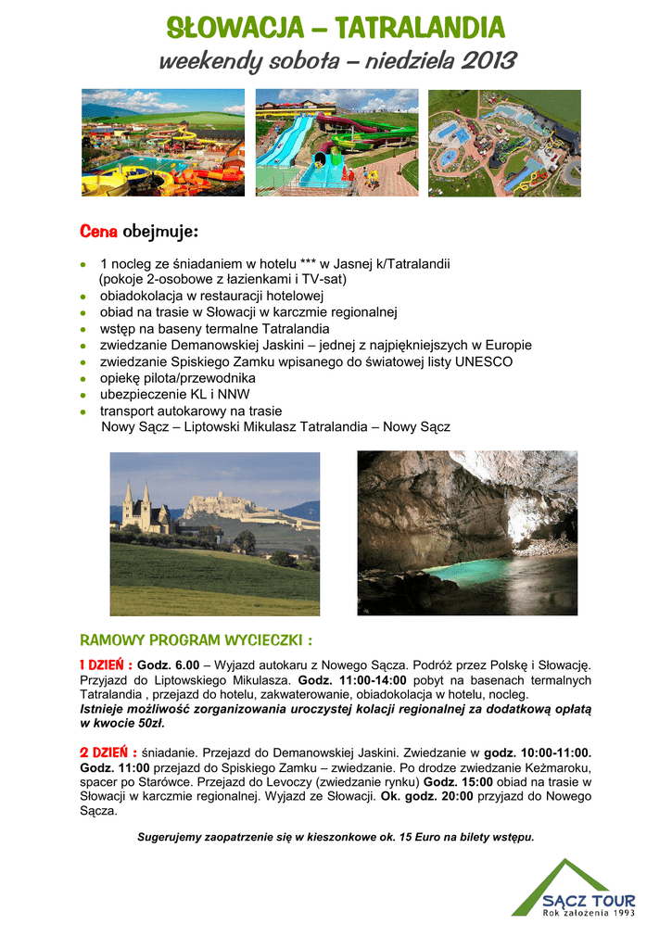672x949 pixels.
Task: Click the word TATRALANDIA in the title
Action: (x=421, y=28)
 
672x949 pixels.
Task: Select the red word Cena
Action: (x=98, y=231)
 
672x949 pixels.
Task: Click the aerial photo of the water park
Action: (x=504, y=143)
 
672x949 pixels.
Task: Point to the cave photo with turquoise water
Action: (x=467, y=533)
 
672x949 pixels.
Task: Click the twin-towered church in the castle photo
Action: (x=135, y=509)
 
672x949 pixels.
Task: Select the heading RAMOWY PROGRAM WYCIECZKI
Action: (x=196, y=640)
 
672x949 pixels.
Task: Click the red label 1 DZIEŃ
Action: (x=106, y=664)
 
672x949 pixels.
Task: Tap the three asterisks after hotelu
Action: (x=308, y=263)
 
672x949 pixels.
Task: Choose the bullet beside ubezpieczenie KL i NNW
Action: (x=83, y=396)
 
